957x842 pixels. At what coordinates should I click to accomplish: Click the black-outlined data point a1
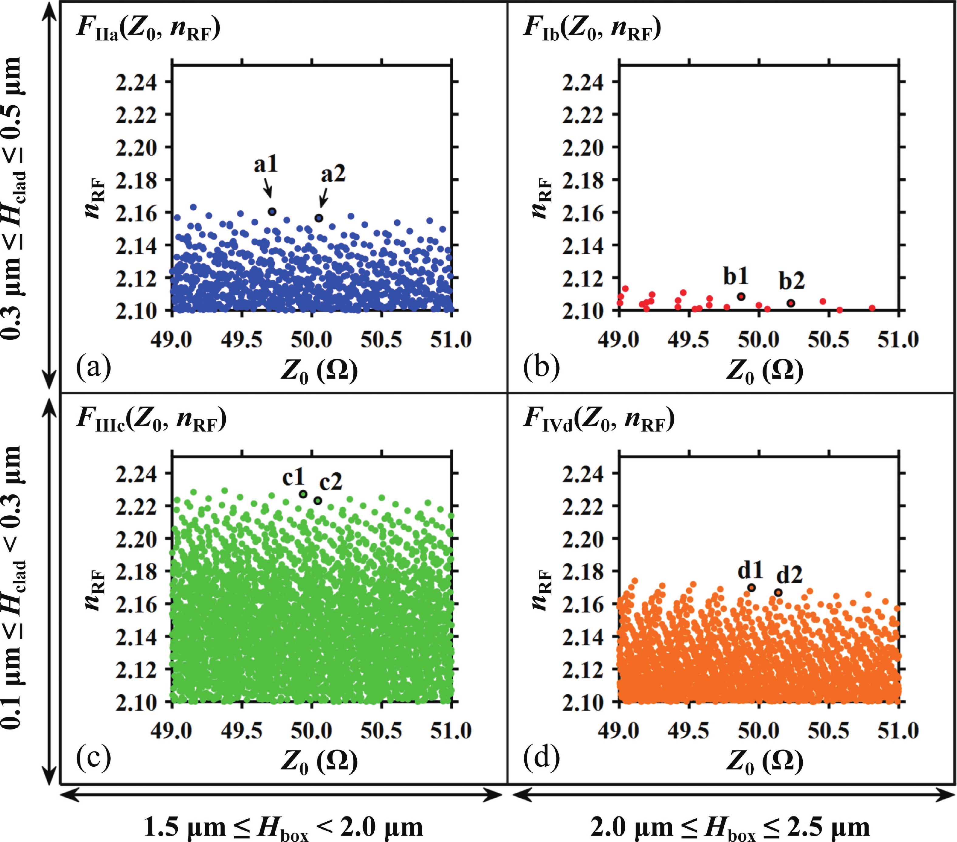coord(272,212)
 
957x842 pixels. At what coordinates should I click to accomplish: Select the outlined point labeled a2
coord(319,218)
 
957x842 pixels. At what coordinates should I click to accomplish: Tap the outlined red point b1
coord(741,297)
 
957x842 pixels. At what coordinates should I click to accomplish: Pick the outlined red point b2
coord(791,303)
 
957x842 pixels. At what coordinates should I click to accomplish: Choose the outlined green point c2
coord(318,500)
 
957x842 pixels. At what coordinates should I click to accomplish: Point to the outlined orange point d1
coord(751,588)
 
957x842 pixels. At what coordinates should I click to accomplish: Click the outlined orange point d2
coord(778,593)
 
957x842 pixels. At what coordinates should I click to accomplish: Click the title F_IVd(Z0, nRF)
coord(599,420)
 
